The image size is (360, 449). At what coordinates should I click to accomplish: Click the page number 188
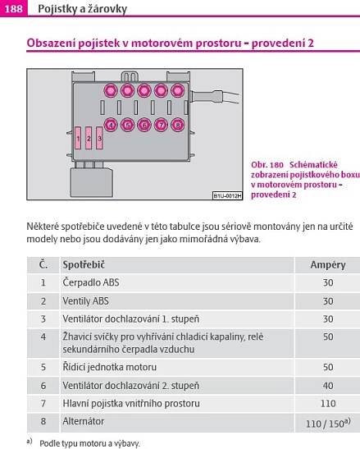[13, 9]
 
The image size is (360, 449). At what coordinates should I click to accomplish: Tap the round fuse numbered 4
[111, 125]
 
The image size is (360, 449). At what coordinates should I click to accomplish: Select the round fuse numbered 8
[178, 125]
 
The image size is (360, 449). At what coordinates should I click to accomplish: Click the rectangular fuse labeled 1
[78, 138]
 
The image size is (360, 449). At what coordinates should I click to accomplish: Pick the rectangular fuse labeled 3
[99, 138]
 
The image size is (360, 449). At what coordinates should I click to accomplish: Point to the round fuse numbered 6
[144, 125]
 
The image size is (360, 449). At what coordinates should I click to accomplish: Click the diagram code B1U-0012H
[227, 196]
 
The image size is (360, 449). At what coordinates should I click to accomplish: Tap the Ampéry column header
[328, 265]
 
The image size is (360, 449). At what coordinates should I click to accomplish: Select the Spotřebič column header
[84, 264]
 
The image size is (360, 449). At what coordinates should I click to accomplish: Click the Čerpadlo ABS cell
[91, 282]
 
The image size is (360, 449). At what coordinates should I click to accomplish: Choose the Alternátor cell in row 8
[84, 421]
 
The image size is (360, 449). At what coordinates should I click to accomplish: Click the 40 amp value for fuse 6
[328, 386]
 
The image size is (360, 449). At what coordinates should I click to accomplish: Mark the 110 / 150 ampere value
[328, 423]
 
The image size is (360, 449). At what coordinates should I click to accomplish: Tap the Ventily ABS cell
[85, 301]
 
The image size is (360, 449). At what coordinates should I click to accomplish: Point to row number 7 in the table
[43, 404]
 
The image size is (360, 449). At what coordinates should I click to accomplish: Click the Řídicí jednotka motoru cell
[110, 367]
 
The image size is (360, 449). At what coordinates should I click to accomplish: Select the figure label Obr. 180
[267, 165]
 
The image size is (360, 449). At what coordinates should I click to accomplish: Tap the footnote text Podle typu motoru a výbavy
[89, 443]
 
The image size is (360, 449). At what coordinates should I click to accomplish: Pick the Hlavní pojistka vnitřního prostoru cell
[131, 404]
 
